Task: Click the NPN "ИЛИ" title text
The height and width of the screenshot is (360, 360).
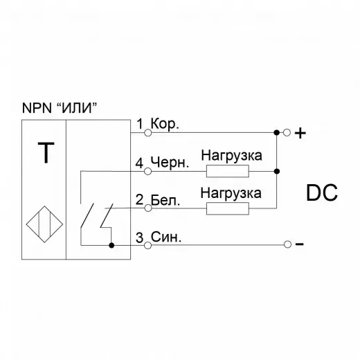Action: click(60, 107)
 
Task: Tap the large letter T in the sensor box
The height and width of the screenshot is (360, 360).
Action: click(46, 152)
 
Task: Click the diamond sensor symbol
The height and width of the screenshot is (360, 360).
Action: click(44, 224)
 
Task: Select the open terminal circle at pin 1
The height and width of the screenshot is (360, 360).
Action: click(147, 133)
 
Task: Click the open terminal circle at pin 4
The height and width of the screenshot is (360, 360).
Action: click(147, 172)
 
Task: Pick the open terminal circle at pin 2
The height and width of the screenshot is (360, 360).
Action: click(148, 208)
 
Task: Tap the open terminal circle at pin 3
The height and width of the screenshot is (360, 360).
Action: click(147, 245)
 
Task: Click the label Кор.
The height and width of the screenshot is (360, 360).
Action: click(165, 125)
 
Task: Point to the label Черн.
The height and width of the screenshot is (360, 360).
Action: click(170, 163)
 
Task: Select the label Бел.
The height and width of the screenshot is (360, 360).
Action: click(165, 200)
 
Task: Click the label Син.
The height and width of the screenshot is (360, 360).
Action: click(166, 237)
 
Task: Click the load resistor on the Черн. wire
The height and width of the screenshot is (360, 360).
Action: click(228, 171)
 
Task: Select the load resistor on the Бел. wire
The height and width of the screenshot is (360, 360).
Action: click(228, 208)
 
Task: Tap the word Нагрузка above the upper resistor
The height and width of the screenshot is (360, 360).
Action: click(232, 156)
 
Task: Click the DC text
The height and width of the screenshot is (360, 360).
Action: click(322, 193)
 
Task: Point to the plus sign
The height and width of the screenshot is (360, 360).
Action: click(300, 133)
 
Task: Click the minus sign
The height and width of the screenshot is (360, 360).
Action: click(300, 244)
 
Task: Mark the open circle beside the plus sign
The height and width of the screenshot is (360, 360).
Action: click(287, 133)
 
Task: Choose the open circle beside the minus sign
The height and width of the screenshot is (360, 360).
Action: click(287, 244)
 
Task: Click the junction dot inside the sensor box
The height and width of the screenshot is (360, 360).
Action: click(111, 245)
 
